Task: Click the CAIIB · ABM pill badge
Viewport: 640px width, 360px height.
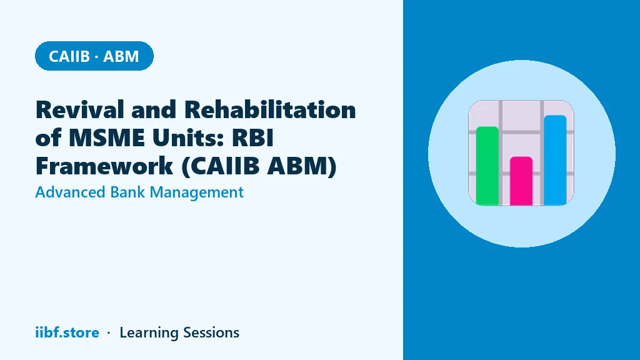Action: [x=94, y=56]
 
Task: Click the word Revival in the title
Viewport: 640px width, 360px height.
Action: [x=80, y=110]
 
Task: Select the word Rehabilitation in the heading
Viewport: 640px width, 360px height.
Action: [x=270, y=110]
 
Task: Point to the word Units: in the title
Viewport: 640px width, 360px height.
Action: [x=188, y=137]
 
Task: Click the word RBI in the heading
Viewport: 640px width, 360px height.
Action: [x=252, y=137]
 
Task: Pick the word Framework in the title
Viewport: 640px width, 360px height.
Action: [x=104, y=166]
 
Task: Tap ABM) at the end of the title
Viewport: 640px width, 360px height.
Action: [x=302, y=166]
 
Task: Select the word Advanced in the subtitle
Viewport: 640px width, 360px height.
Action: [x=70, y=192]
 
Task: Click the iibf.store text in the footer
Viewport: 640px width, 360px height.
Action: [x=67, y=332]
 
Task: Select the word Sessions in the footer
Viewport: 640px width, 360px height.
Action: [x=211, y=332]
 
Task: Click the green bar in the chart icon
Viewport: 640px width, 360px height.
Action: [x=487, y=166]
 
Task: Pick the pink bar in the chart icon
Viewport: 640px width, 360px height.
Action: [x=521, y=181]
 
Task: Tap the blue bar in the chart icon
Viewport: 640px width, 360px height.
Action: [x=555, y=160]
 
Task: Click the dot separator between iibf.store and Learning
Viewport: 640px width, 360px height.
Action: [x=109, y=333]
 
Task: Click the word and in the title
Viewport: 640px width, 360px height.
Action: [x=154, y=110]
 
